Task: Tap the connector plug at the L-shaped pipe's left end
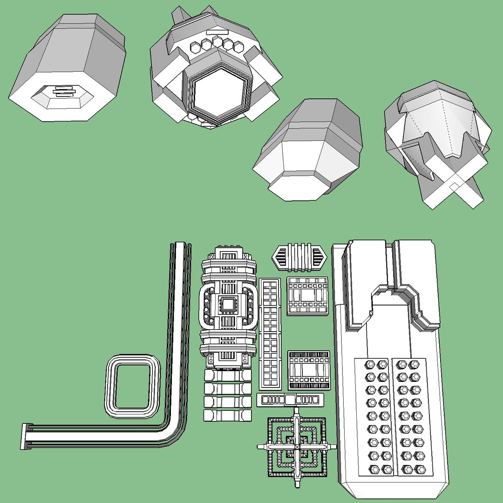pos(27,436)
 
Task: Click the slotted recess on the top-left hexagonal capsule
pos(63,92)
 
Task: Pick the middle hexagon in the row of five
pos(217,43)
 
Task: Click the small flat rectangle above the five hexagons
pos(216,33)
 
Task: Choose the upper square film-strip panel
pos(307,295)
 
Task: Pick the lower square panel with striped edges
pos(308,370)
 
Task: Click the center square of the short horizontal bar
pos(290,400)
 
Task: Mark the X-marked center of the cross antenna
pos(297,446)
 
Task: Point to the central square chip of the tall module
pos(228,305)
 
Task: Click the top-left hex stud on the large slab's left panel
pos(371,364)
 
